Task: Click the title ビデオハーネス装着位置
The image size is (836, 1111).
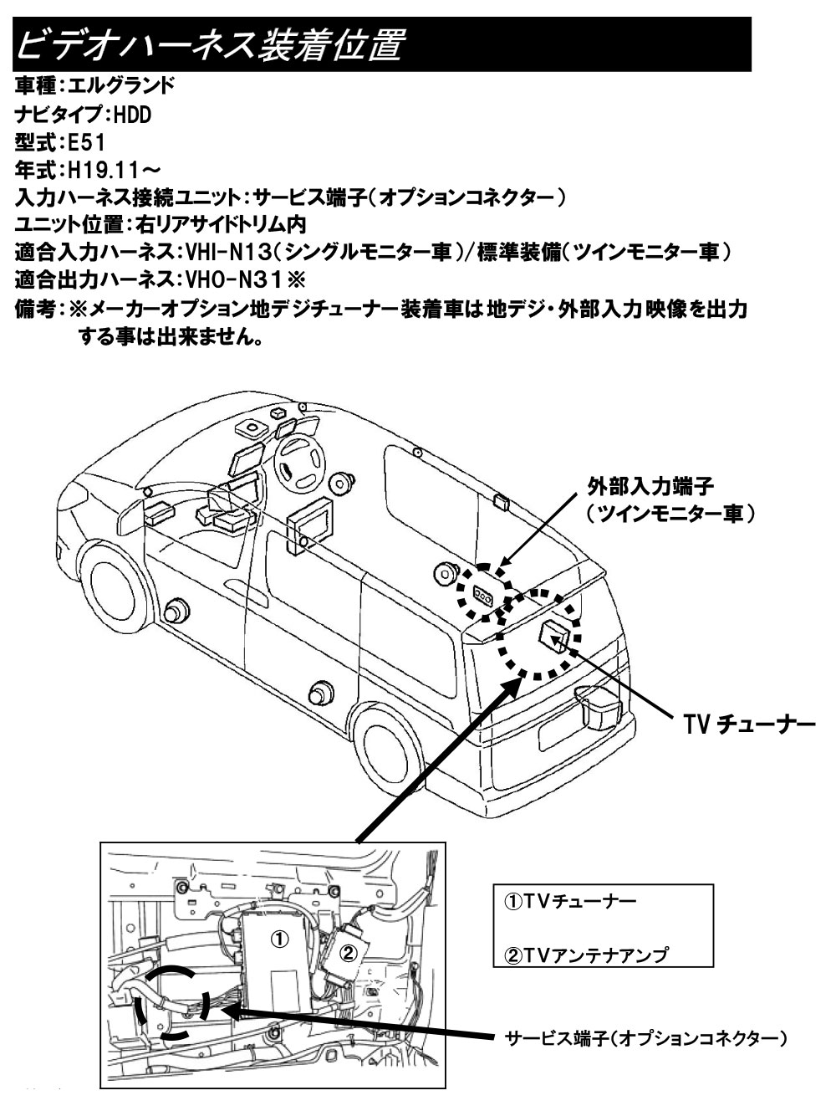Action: (x=209, y=44)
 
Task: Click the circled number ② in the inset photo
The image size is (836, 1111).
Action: (x=349, y=950)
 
